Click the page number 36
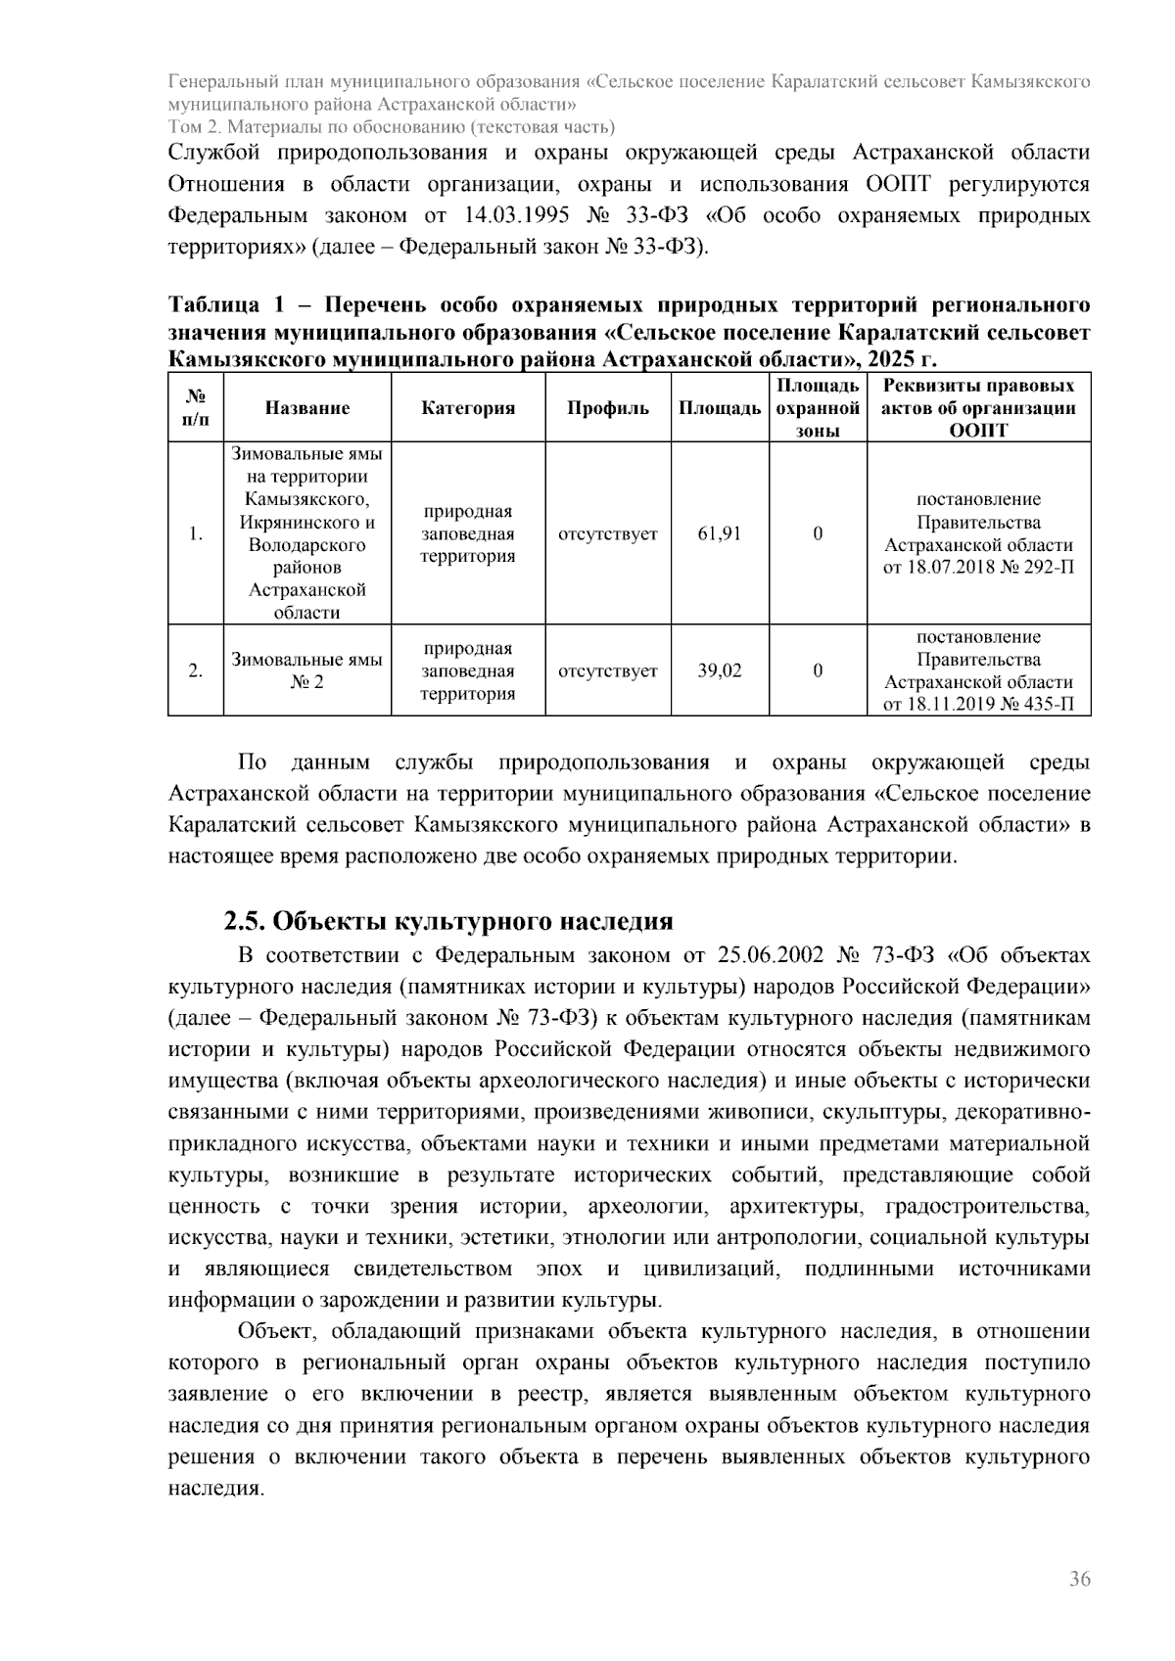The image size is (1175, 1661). tap(1079, 1579)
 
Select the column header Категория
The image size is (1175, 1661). tap(468, 408)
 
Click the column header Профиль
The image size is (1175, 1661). tap(608, 408)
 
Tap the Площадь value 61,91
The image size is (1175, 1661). tap(720, 533)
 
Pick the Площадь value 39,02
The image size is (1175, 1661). tap(720, 670)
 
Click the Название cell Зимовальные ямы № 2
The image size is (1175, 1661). tap(306, 670)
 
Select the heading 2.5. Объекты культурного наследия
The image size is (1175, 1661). tap(448, 921)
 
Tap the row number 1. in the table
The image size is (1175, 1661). tap(196, 533)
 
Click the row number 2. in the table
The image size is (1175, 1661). tap(196, 670)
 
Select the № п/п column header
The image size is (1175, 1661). tap(196, 408)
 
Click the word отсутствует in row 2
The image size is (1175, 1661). tap(608, 670)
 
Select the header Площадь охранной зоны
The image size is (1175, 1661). tap(818, 408)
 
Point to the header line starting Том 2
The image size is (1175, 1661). tap(392, 127)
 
